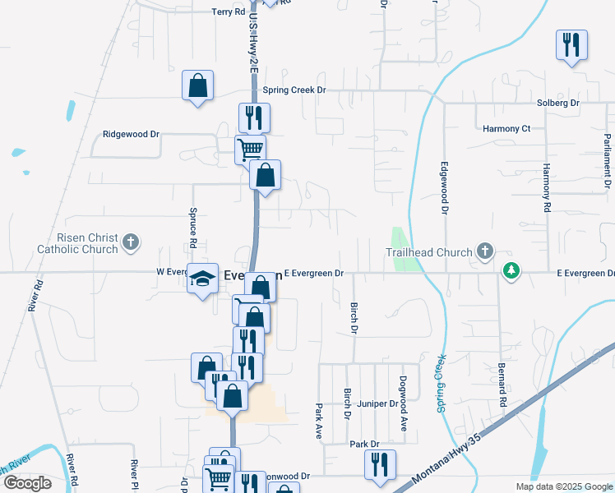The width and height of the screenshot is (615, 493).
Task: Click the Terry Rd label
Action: tap(229, 12)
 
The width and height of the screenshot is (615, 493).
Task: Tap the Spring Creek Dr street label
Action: tap(295, 90)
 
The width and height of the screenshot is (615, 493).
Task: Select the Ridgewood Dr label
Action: tap(131, 134)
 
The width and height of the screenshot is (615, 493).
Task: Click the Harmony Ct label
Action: tap(506, 129)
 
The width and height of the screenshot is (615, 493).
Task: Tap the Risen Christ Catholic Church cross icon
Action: tap(130, 242)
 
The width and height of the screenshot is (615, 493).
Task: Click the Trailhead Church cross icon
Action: tap(485, 251)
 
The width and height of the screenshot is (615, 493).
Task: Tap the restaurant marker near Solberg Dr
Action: tap(571, 44)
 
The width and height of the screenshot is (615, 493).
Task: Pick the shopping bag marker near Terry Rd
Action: tap(197, 85)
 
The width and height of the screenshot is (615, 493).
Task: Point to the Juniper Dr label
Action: tap(378, 404)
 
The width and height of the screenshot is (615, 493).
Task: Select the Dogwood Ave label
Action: tap(404, 407)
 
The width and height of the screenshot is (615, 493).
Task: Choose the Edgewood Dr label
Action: tap(444, 188)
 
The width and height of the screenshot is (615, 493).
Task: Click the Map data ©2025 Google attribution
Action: tap(563, 486)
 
